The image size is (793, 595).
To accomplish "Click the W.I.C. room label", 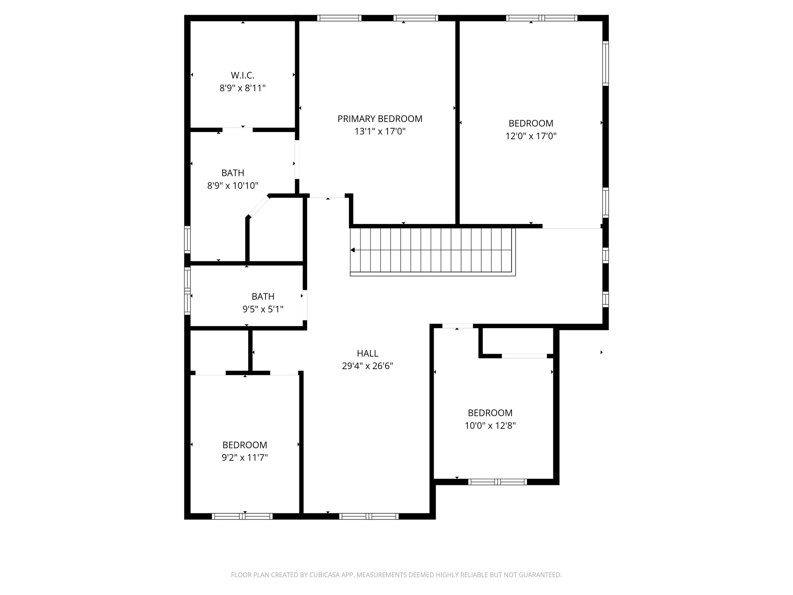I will coord(242,75).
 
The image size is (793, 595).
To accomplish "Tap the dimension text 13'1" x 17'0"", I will coord(380,131).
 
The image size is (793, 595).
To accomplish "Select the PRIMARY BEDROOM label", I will coord(380,119).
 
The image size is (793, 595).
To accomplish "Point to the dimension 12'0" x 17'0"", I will coord(531,136).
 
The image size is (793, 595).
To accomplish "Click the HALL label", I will coord(367,353).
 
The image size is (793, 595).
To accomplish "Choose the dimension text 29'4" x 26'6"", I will coord(367,366).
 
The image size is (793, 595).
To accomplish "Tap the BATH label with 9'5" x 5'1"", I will coord(263,296).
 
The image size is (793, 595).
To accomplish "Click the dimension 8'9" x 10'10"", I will coord(233,186).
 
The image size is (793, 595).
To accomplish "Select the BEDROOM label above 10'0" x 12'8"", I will coord(490,413).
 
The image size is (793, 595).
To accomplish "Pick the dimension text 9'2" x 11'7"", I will coord(245,458).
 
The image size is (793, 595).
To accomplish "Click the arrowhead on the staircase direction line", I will coord(352,250).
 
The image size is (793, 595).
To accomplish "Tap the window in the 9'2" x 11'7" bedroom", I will coord(242,516).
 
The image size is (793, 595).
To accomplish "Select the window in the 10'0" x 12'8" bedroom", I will coord(498,482).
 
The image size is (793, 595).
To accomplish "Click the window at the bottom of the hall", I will coord(369,516).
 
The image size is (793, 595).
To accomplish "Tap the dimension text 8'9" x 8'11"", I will coord(242,88).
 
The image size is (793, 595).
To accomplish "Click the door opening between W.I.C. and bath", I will coord(237,129).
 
